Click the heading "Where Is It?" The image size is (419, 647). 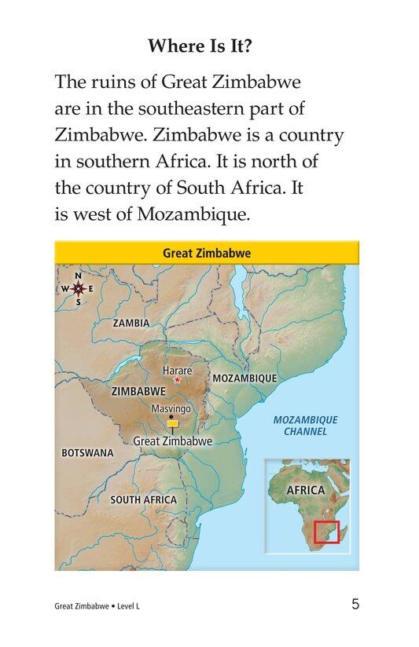point(209,46)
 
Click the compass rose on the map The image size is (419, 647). point(79,288)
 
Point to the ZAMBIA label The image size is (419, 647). point(130,323)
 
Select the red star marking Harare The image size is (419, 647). point(177,380)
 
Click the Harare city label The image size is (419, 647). point(176,370)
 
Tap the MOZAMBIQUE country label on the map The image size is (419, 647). point(244,378)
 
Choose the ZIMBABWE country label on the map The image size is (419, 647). point(138,391)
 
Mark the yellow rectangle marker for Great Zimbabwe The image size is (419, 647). point(172,424)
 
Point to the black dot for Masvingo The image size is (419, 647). point(171,416)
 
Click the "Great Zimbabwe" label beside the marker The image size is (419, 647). point(173,441)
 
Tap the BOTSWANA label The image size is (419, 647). point(87,453)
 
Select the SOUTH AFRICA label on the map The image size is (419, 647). point(143,499)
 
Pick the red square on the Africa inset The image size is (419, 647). point(326,532)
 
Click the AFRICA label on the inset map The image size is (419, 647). point(305,491)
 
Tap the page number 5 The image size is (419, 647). point(356,604)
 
